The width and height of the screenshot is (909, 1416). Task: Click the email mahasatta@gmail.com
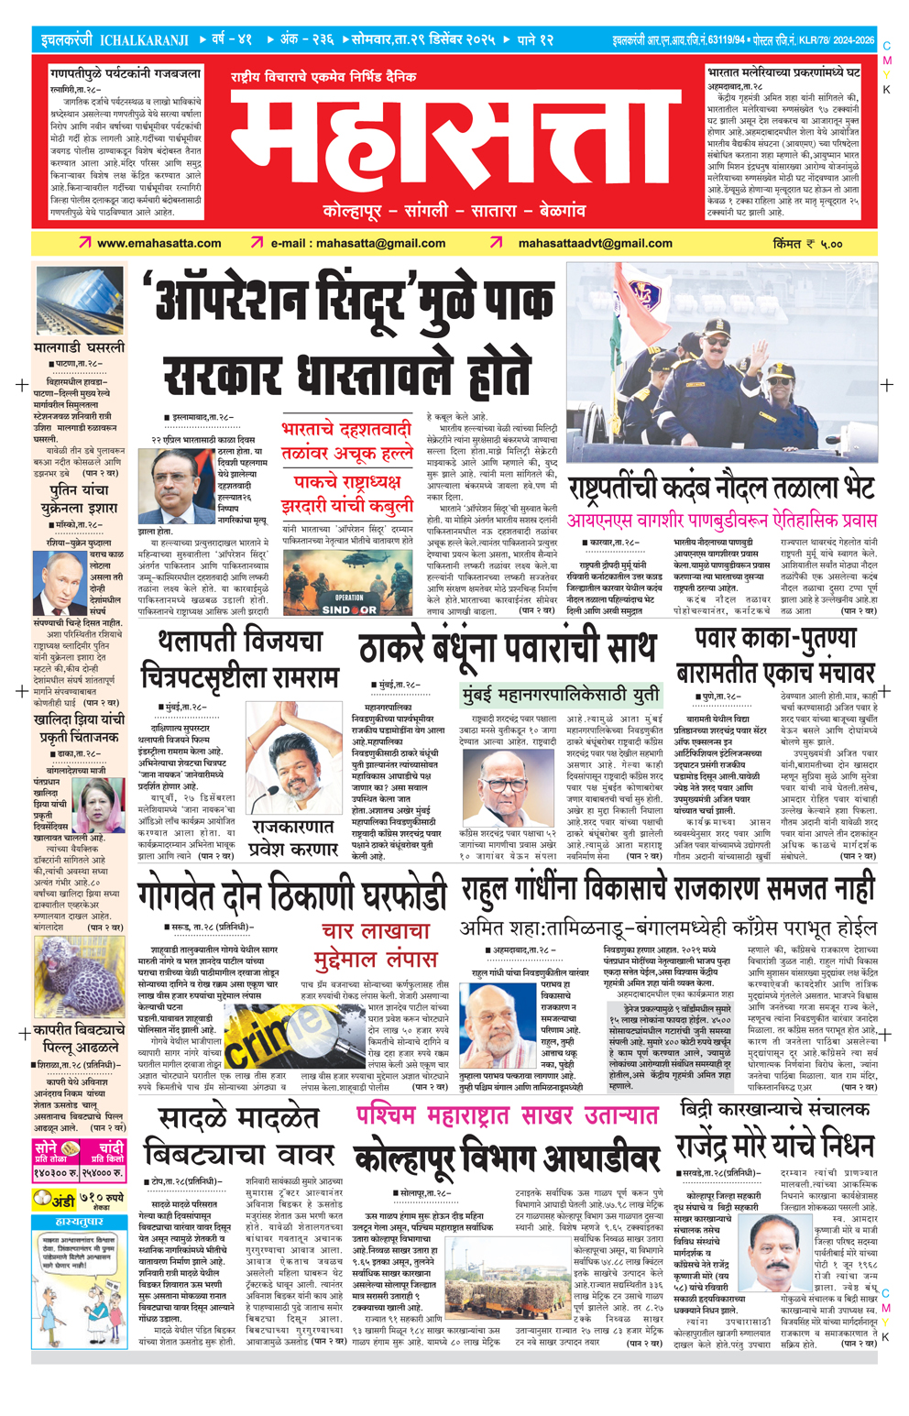click(x=357, y=244)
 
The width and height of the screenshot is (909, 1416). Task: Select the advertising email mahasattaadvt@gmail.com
click(x=595, y=244)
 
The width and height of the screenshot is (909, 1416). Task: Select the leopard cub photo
click(x=79, y=973)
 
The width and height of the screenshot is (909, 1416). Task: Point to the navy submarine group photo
click(x=721, y=362)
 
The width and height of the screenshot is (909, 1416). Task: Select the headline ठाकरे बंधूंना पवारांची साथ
click(x=507, y=649)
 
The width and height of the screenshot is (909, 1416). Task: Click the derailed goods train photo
click(x=79, y=302)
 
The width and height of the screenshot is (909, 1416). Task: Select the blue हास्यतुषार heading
click(x=79, y=1223)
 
